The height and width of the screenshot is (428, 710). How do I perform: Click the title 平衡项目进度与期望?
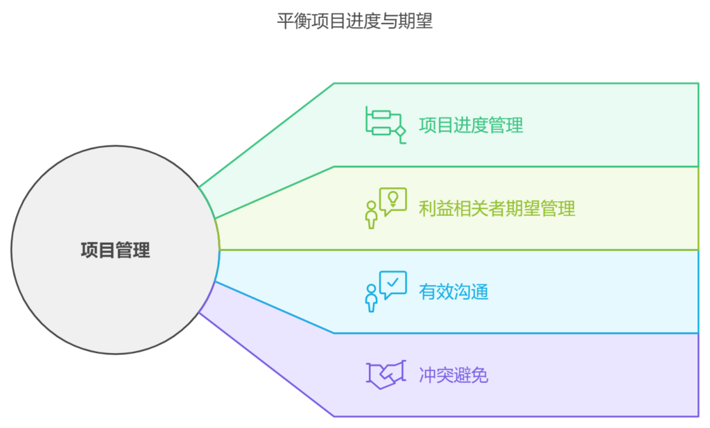pyautogui.click(x=354, y=22)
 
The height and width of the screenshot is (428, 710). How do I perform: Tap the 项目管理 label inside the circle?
pyautogui.click(x=115, y=250)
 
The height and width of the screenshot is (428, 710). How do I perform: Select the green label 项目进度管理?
pyautogui.click(x=471, y=125)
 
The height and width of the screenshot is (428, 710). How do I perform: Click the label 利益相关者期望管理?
pyautogui.click(x=496, y=208)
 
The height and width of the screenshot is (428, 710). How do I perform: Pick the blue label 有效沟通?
pyautogui.click(x=453, y=291)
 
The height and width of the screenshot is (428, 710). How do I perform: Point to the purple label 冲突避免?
pyautogui.click(x=453, y=375)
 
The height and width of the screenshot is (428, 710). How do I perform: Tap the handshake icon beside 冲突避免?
pyautogui.click(x=385, y=375)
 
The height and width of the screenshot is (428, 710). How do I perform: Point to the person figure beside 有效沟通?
pyautogui.click(x=372, y=298)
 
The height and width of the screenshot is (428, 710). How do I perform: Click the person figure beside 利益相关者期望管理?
pyautogui.click(x=372, y=214)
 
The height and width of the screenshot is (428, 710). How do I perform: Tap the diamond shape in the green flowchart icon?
pyautogui.click(x=400, y=130)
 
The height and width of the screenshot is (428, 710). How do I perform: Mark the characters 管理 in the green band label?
pyautogui.click(x=505, y=125)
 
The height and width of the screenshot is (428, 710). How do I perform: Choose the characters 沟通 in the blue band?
pyautogui.click(x=471, y=291)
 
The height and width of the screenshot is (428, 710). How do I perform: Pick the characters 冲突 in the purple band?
pyautogui.click(x=436, y=375)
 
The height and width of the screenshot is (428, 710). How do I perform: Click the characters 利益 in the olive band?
pyautogui.click(x=436, y=208)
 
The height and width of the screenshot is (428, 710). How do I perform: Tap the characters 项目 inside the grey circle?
pyautogui.click(x=97, y=250)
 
